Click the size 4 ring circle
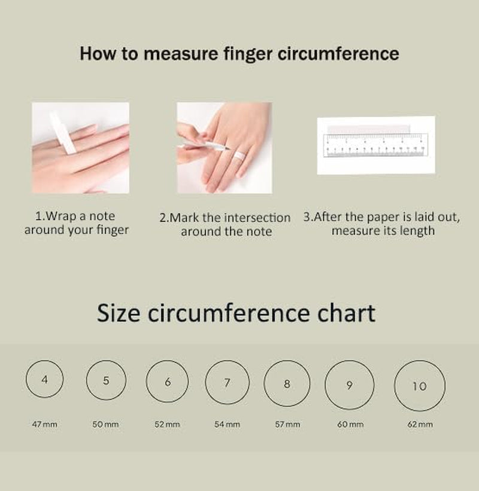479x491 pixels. pos(26,379)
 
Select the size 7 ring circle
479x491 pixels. pos(205,382)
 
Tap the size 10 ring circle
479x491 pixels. pos(395,386)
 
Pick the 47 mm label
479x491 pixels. pos(44,424)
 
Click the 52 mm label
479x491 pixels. pos(167,424)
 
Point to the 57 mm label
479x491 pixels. pos(287,424)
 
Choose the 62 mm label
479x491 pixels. pos(420,424)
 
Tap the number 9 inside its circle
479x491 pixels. pos(350,385)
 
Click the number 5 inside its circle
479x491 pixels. pos(106,380)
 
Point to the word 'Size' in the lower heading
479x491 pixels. pos(118,313)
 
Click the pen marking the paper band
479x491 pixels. pos(204,144)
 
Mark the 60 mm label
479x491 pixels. pos(350,424)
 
